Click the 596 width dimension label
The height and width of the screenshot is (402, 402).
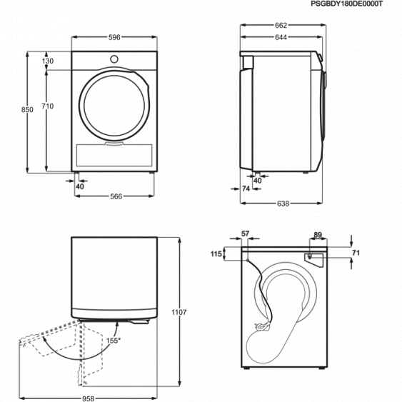(114, 36)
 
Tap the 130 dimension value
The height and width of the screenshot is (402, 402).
(48, 61)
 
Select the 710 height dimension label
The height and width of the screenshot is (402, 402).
(48, 106)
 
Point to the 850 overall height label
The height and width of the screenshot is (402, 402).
(26, 109)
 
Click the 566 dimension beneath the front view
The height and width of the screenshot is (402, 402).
(116, 196)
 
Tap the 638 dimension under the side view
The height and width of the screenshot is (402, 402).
(283, 203)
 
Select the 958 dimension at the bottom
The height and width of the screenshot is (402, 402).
(89, 398)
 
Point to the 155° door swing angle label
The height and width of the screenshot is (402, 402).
(111, 341)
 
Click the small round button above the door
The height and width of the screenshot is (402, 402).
(114, 57)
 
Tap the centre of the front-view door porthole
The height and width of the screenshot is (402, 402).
(114, 106)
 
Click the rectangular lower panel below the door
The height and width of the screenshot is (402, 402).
(114, 154)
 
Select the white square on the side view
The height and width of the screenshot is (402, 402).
(248, 62)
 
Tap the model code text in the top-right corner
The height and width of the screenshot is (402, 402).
(347, 4)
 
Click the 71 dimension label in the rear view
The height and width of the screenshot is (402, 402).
(355, 253)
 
